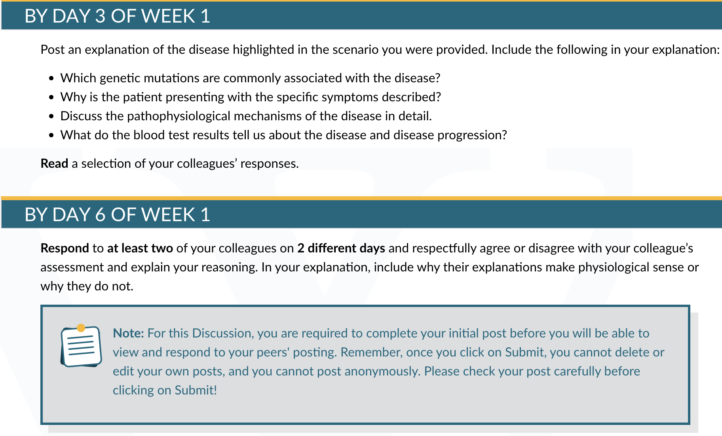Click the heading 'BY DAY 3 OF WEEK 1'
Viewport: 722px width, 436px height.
point(117,16)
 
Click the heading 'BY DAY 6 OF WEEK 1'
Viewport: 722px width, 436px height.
point(117,215)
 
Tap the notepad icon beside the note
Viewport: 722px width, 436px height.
point(81,346)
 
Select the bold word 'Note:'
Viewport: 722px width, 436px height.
point(128,333)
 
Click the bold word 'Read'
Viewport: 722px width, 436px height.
point(55,163)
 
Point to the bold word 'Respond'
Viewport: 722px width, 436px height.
point(65,248)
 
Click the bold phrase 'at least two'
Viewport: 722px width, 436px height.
point(140,248)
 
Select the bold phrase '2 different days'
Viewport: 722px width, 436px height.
point(341,248)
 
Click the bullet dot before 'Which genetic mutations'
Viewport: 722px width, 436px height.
point(51,78)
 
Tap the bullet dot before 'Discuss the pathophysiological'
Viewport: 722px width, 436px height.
point(51,116)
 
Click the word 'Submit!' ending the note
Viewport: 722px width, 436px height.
point(196,390)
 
